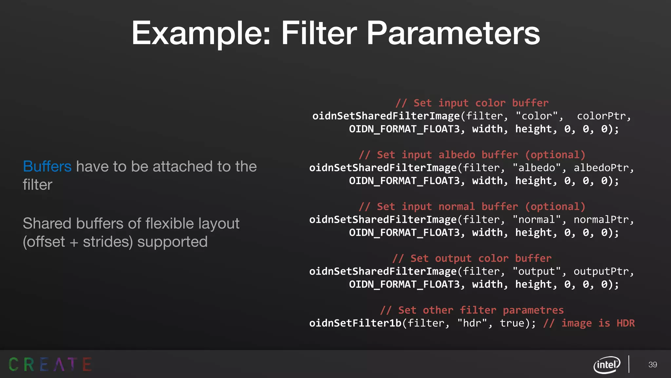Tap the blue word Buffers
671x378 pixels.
tap(47, 166)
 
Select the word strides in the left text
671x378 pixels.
tap(108, 242)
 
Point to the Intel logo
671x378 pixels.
tap(607, 365)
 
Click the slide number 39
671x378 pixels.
tap(653, 365)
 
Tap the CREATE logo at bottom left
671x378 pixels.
tap(50, 364)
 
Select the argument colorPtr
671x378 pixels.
tap(602, 116)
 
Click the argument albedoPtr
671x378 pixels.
tap(602, 168)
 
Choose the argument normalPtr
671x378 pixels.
tap(602, 220)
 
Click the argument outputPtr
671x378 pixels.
tap(602, 272)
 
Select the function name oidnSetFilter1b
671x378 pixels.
tap(355, 323)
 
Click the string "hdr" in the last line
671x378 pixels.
tap(472, 323)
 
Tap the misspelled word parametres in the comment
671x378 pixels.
tap(533, 310)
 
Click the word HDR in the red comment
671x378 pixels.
tap(625, 323)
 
